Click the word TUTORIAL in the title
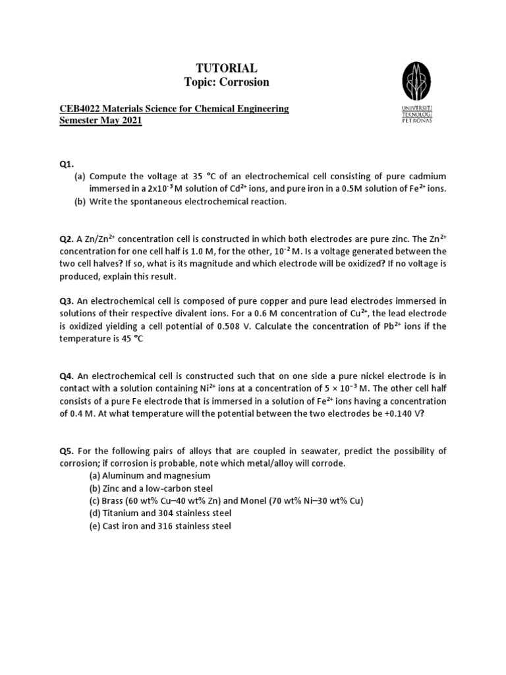[x=226, y=69]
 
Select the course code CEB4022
[x=78, y=109]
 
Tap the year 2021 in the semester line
[x=130, y=122]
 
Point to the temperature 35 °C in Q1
[x=191, y=176]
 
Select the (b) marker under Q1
[x=80, y=202]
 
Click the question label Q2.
[x=67, y=239]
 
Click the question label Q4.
[x=67, y=376]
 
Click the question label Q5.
[x=67, y=451]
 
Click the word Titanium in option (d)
[x=119, y=514]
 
